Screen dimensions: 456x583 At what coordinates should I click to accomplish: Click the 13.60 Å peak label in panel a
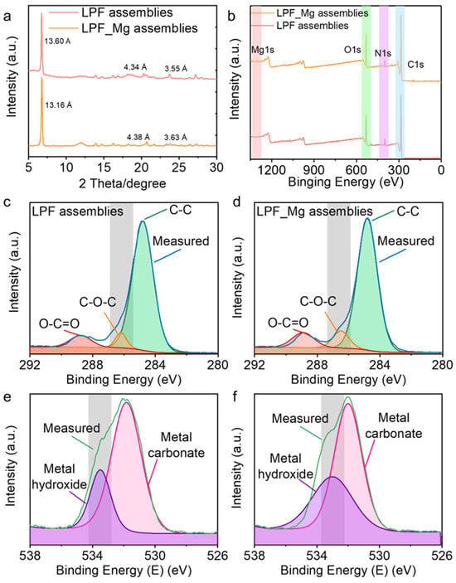pos(57,41)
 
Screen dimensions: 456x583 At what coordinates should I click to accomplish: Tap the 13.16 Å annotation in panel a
pos(58,105)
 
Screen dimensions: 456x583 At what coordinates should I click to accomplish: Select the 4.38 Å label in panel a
pos(138,137)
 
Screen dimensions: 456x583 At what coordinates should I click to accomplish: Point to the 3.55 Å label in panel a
pos(176,69)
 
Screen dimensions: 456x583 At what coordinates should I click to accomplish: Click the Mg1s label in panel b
pos(263,50)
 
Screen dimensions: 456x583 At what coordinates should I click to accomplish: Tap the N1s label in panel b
pos(382,53)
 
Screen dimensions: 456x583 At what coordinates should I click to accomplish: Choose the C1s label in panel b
pos(415,65)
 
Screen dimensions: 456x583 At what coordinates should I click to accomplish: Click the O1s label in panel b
pos(352,50)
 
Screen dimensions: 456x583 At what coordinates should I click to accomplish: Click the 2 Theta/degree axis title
pos(122,183)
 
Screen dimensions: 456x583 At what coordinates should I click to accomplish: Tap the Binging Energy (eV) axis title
pos(346,182)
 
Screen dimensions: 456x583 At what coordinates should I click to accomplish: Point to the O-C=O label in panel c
pos(60,323)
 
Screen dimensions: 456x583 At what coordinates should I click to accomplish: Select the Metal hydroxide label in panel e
pos(60,477)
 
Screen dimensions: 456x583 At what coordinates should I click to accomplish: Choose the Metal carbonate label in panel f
pos(393,425)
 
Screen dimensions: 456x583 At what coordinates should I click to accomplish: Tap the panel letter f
pos(235,396)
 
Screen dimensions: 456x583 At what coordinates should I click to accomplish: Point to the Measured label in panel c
pos(181,241)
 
